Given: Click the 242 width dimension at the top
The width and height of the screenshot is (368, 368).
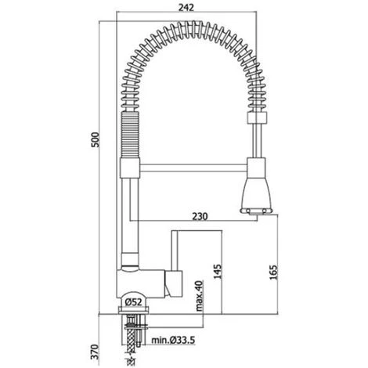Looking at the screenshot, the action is click(x=186, y=8).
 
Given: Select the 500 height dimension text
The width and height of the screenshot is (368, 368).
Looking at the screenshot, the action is click(x=96, y=139).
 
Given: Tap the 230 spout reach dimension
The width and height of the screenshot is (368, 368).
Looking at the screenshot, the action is click(x=200, y=216).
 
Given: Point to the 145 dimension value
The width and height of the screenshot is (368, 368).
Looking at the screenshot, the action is click(x=218, y=272).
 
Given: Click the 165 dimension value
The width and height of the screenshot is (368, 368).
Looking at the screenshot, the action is click(x=273, y=272).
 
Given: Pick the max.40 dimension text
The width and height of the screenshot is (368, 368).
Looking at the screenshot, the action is click(x=199, y=296).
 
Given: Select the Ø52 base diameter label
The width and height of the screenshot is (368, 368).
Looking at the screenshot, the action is click(x=133, y=302).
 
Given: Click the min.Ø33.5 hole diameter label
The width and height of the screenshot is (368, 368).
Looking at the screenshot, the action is click(x=173, y=340).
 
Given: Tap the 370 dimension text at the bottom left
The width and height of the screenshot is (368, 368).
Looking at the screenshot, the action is click(x=96, y=352).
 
